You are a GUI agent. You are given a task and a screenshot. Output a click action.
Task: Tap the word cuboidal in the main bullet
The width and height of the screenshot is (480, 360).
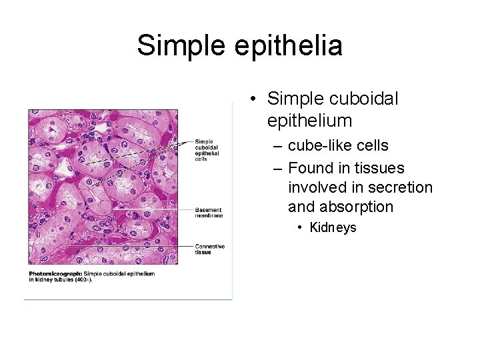pos(363,99)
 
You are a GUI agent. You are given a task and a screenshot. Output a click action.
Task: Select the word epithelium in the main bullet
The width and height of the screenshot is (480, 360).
pos(309,121)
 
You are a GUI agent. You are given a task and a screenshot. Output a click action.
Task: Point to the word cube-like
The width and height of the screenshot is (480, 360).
pos(319,145)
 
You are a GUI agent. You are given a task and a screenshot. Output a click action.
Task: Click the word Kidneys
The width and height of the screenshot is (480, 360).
pos(333,227)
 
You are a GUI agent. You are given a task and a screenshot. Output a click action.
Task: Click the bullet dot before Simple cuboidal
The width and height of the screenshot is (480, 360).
pos(254,99)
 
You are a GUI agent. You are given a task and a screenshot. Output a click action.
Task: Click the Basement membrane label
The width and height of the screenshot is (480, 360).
pos(208,213)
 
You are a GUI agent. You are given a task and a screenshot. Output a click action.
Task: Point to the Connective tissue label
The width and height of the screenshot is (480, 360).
pos(209,249)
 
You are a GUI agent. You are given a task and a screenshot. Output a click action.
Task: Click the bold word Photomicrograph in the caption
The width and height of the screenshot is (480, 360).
pos(55,274)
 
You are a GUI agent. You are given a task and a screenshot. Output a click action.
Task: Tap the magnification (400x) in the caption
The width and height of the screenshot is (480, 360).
pos(81,280)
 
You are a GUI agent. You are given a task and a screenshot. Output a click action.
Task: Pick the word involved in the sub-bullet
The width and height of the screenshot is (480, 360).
pos(315,187)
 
